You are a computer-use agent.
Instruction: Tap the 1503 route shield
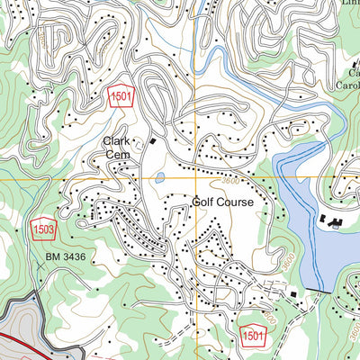pyautogui.click(x=37, y=228)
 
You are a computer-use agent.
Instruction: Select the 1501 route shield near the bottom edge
pyautogui.click(x=253, y=335)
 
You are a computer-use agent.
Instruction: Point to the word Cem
pyautogui.click(x=116, y=155)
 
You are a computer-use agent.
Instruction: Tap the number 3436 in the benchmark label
pyautogui.click(x=69, y=257)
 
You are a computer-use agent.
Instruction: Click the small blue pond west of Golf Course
pyautogui.click(x=159, y=177)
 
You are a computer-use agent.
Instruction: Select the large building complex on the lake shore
pyautogui.click(x=330, y=221)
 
